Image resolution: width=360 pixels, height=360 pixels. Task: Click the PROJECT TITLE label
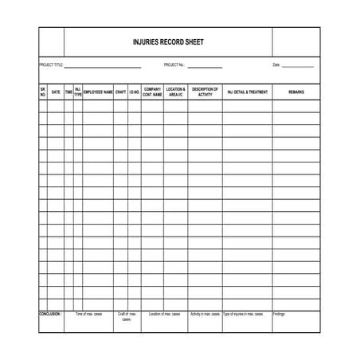[x=51, y=65]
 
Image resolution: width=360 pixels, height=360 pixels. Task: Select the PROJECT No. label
[x=174, y=65]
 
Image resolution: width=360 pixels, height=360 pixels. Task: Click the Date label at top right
[x=276, y=65]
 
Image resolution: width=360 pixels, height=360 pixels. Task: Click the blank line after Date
[x=297, y=66]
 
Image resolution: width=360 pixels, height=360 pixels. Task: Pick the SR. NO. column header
[x=43, y=92]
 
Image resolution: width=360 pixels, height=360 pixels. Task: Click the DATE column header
[x=56, y=92]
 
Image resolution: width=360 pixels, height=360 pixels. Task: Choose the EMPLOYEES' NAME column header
[x=98, y=92]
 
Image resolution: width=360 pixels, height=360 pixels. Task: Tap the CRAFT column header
[x=121, y=92]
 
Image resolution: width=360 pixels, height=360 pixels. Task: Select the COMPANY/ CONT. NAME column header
[x=153, y=92]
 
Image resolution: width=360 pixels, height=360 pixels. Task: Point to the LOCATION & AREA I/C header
[x=177, y=92]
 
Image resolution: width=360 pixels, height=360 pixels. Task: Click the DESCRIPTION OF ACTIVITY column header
[x=205, y=92]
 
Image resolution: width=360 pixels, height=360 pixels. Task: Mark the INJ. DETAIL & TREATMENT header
[x=248, y=92]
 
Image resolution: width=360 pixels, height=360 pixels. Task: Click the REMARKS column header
[x=296, y=92]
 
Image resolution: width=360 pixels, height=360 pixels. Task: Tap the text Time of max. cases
[x=88, y=314]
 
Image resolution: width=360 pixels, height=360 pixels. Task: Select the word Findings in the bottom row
[x=279, y=314]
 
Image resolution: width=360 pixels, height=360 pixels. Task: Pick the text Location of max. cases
[x=165, y=314]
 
